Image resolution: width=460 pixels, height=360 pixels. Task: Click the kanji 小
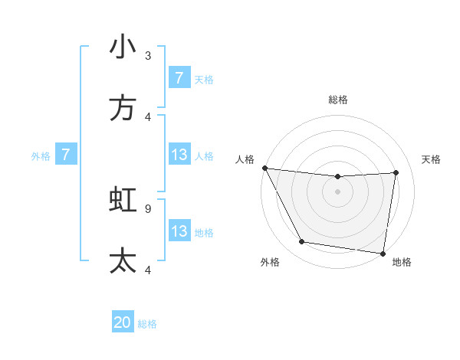pos(123,47)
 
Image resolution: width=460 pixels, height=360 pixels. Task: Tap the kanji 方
pos(123,108)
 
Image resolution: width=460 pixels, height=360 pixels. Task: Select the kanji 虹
pos(123,199)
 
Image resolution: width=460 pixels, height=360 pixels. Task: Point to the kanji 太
pos(123,260)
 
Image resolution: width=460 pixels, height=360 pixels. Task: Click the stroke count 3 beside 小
pos(148,55)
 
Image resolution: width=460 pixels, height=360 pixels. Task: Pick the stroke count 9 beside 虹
pos(148,208)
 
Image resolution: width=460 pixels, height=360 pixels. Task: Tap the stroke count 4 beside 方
pos(148,116)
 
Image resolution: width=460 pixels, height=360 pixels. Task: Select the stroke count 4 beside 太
pos(148,269)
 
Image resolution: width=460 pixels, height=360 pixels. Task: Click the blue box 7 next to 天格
pos(179,78)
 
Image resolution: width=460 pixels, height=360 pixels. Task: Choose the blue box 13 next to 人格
pos(179,155)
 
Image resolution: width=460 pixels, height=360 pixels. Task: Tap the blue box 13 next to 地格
pos(179,231)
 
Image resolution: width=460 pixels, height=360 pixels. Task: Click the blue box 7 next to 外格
pos(66,155)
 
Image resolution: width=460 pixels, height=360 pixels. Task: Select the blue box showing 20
pos(123,322)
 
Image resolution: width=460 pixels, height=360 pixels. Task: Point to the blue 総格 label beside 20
pos(147,324)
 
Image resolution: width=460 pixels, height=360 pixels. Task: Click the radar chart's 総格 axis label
pos(338,100)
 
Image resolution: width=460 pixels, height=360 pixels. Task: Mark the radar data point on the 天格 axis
pos(396,172)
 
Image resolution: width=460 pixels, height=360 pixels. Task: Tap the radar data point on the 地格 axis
pos(383,253)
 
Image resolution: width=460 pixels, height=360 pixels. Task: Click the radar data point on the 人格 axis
pos(264,168)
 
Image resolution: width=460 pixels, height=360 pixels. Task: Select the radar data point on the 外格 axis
pos(302,243)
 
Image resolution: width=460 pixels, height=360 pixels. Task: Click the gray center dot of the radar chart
pos(337,191)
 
